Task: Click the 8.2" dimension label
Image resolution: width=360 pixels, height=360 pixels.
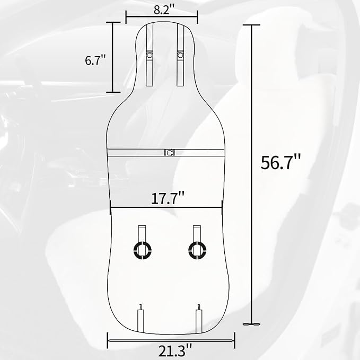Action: click(164, 10)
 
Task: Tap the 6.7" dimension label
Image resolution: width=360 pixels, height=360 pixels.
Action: click(95, 60)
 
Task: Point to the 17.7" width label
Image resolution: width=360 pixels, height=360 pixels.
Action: click(168, 198)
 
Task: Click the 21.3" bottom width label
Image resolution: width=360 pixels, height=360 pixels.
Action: click(175, 350)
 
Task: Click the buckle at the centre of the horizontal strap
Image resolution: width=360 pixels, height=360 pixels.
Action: click(170, 153)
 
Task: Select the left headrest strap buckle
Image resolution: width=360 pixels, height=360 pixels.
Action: click(149, 55)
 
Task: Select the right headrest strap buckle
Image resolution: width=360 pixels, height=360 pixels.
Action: click(180, 55)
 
